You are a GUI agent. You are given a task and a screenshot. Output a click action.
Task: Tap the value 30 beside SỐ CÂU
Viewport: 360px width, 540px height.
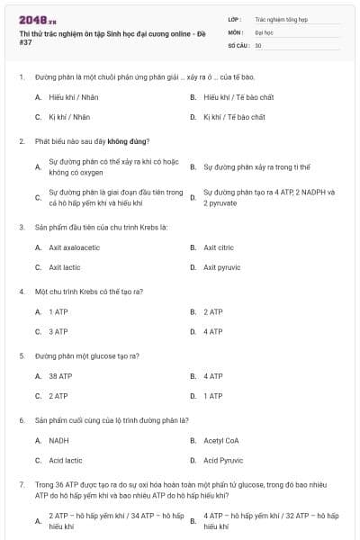(x=258, y=45)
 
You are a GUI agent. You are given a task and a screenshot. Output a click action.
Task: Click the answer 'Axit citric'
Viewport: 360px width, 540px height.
(x=219, y=247)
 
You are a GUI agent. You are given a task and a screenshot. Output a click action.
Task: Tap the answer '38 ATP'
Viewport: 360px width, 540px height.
(x=59, y=375)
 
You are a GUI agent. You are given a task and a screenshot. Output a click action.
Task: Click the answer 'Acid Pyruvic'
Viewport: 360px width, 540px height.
(x=222, y=461)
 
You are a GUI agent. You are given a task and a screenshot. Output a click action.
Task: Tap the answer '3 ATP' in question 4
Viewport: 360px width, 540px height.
(x=58, y=331)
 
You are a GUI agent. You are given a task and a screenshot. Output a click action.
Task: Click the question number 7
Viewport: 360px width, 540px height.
(x=21, y=484)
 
